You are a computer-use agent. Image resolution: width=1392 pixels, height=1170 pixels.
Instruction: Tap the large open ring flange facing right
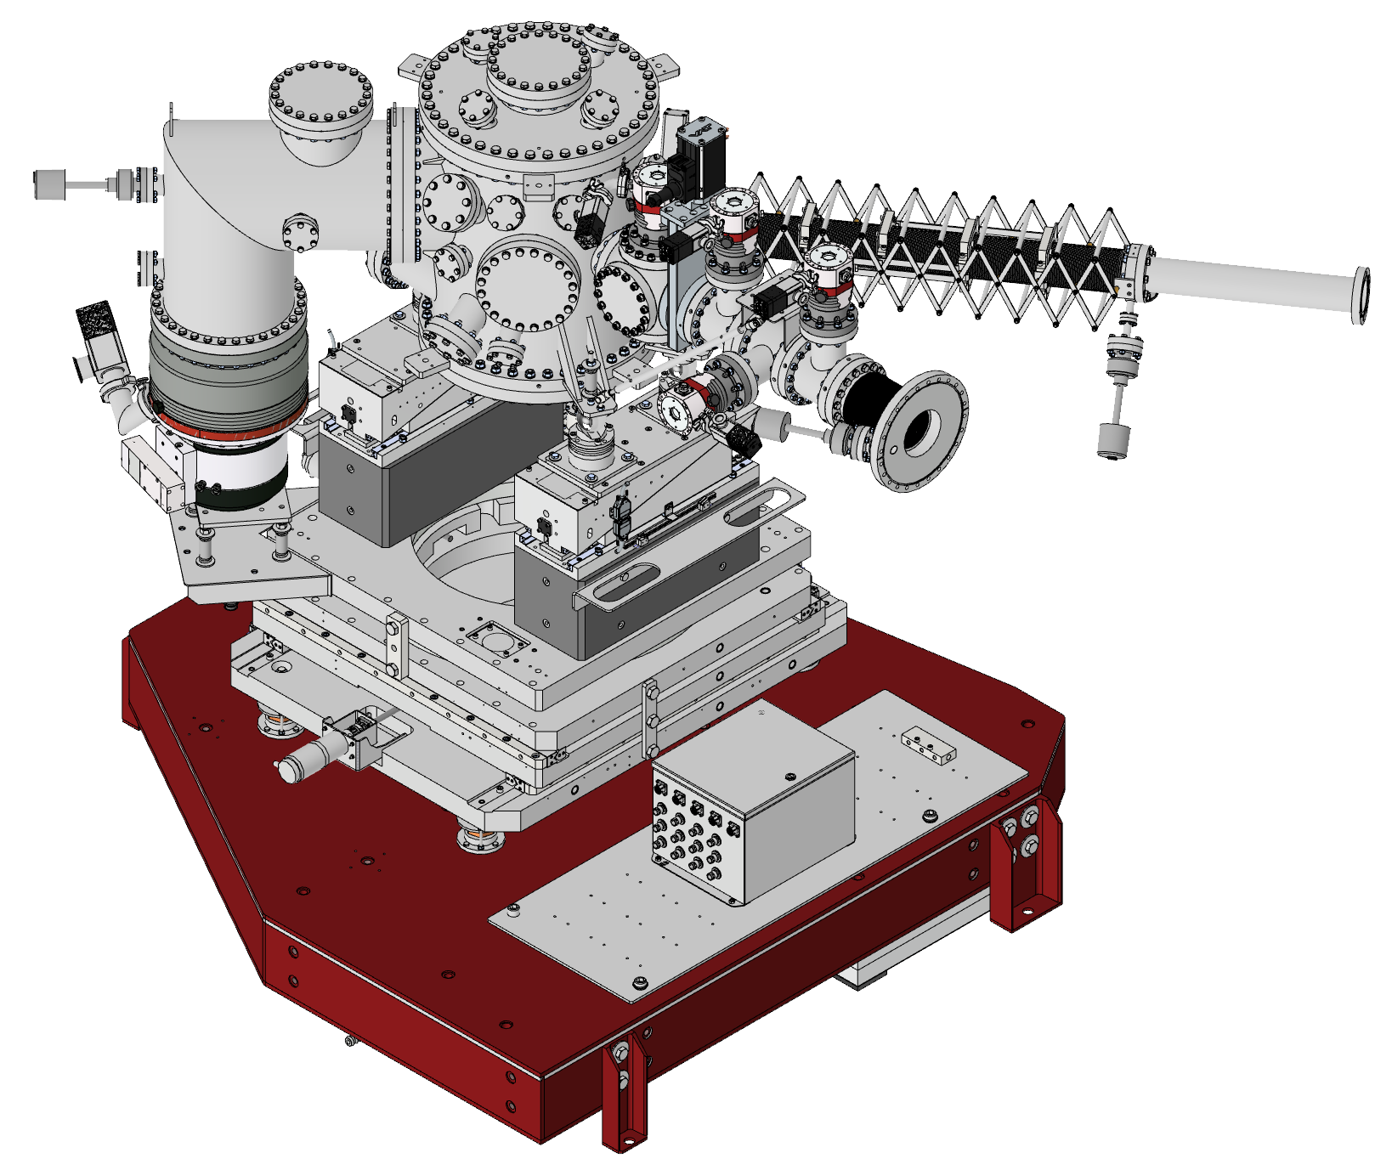(x=922, y=432)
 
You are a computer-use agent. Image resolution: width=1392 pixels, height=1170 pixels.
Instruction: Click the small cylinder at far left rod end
(x=49, y=184)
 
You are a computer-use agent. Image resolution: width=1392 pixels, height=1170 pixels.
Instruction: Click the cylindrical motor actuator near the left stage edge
(x=306, y=760)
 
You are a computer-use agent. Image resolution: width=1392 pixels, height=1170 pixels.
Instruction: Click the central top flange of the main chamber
(x=539, y=65)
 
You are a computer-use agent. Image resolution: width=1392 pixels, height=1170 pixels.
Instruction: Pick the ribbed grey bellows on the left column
(x=228, y=374)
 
